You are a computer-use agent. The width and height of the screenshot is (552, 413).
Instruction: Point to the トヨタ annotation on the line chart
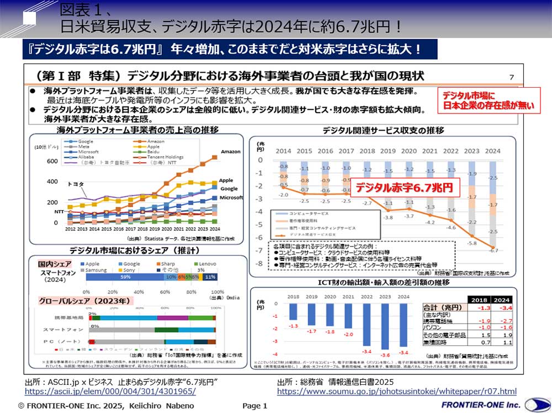(76, 183)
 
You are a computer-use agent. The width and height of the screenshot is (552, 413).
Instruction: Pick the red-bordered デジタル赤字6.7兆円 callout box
(404, 187)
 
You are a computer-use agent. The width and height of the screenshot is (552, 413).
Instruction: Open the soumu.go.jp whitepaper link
(396, 391)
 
